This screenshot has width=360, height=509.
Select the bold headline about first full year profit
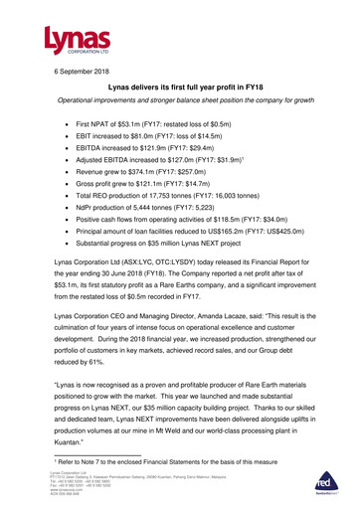pyautogui.click(x=179, y=91)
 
